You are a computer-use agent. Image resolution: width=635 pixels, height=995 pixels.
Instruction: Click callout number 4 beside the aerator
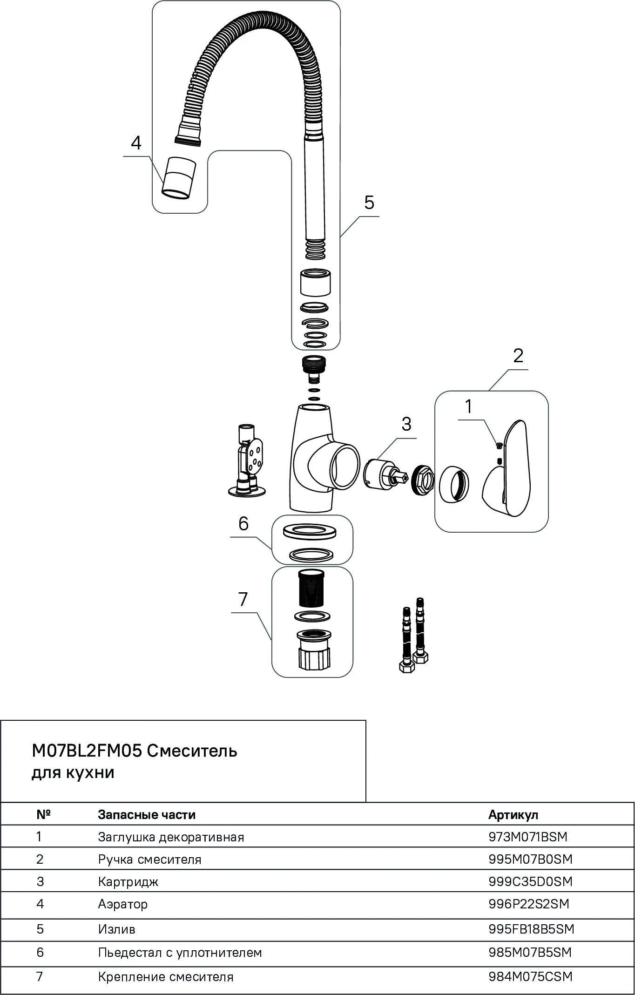[x=135, y=143]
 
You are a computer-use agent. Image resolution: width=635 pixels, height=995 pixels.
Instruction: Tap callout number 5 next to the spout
[x=369, y=203]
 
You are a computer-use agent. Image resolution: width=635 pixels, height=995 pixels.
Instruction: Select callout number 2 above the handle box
[x=518, y=356]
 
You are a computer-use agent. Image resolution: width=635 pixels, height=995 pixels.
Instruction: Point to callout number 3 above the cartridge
[x=406, y=424]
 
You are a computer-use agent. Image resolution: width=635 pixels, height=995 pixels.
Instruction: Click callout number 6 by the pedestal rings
[x=243, y=524]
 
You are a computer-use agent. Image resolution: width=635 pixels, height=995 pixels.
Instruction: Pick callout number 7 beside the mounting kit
[x=243, y=599]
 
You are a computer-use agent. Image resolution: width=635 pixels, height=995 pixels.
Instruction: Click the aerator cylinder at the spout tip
[x=179, y=178]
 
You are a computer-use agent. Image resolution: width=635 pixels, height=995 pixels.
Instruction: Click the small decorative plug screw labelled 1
[x=499, y=446]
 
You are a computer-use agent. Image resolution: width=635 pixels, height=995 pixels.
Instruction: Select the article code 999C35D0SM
[x=530, y=881]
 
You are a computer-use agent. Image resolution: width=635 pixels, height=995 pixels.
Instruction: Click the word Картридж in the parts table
[x=128, y=881]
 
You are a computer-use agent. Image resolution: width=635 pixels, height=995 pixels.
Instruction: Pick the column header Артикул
[x=513, y=815]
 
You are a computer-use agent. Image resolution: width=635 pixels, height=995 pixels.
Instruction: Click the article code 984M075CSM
[x=530, y=976]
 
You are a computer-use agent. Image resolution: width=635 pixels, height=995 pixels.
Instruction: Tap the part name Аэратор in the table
[x=123, y=904]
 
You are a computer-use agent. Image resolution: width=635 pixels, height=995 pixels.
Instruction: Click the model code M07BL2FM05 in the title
[x=87, y=751]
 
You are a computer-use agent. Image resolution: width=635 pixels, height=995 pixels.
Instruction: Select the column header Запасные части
[x=147, y=815]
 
